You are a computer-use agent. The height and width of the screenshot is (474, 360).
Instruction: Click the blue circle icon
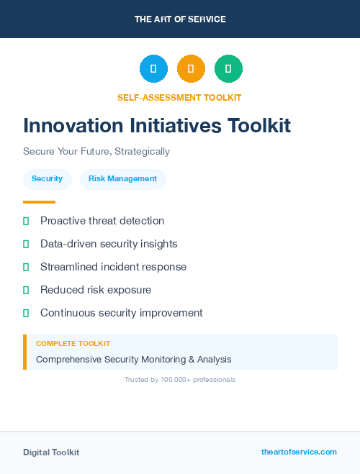[153, 69]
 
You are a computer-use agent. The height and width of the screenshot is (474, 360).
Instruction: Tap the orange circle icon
[191, 69]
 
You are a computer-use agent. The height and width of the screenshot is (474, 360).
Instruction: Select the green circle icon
[228, 69]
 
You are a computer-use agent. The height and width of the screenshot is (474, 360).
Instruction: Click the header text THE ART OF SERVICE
[180, 19]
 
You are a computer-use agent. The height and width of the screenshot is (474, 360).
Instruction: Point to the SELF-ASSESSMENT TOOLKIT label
[179, 98]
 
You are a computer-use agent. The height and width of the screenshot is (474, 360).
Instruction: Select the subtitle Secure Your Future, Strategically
[96, 152]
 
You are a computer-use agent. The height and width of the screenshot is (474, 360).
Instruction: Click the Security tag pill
[47, 179]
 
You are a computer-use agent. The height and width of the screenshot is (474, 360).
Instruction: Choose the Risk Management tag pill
[122, 179]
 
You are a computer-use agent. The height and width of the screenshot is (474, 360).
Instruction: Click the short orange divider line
[39, 202]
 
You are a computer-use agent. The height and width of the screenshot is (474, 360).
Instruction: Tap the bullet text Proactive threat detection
[102, 221]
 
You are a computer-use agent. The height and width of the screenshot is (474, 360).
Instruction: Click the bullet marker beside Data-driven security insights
[26, 244]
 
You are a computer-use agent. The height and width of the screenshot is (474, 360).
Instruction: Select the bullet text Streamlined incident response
[113, 267]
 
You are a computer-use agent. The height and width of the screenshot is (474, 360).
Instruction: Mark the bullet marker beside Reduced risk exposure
[26, 290]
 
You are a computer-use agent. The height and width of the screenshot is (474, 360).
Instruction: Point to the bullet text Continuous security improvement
[121, 313]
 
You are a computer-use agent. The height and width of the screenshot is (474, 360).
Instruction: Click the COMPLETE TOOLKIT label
[73, 344]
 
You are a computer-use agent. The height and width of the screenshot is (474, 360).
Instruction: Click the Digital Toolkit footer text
[51, 452]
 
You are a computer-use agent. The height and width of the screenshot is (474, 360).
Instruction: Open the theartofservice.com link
[299, 452]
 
